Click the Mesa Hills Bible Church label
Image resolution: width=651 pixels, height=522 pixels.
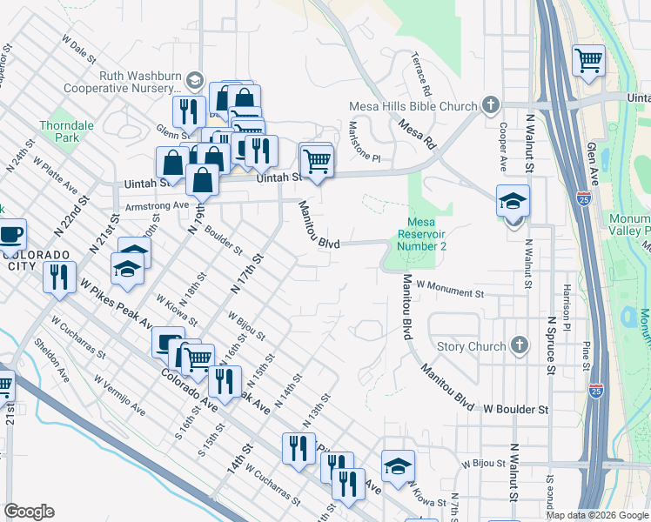(413, 106)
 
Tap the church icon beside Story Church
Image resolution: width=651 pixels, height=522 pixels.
(520, 345)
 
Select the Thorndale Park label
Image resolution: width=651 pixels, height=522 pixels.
(66, 131)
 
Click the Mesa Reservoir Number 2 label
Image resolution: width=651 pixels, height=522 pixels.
(422, 234)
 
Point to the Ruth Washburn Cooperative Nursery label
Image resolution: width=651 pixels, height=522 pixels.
(139, 82)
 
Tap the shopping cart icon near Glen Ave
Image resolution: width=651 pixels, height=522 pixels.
(589, 61)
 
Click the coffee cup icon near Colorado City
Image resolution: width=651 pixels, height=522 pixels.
(10, 234)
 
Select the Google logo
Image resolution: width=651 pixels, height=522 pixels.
(30, 512)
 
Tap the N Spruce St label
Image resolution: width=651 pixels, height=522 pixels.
(550, 345)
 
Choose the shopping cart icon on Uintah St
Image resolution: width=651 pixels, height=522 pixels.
(316, 160)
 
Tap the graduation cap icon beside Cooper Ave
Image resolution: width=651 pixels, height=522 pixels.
(513, 201)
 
